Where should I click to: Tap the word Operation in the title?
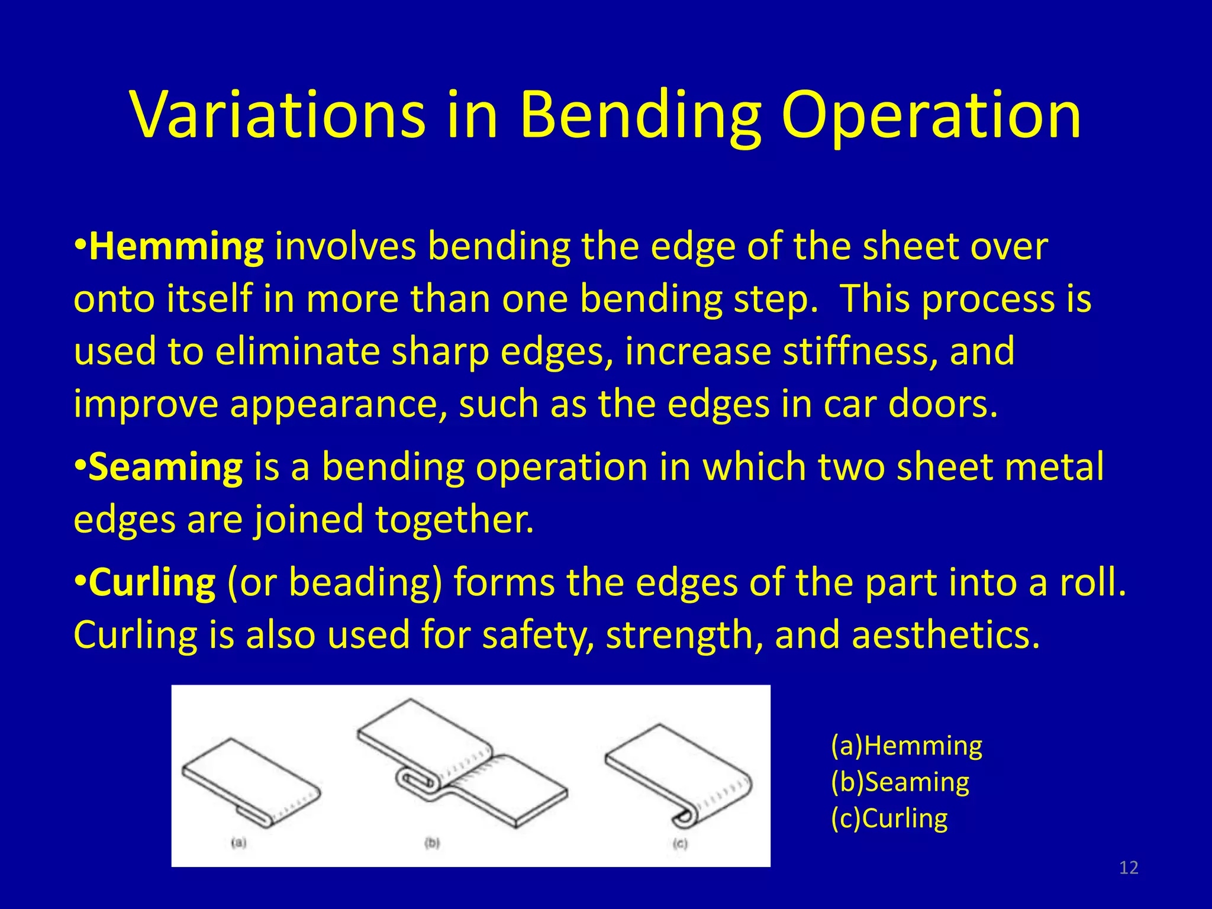click(x=931, y=115)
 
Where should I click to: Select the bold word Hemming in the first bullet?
click(x=176, y=247)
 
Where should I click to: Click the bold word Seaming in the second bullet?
click(x=165, y=467)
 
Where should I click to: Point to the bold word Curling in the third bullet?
click(x=152, y=582)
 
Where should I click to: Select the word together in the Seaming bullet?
click(x=454, y=519)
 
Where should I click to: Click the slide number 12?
click(x=1129, y=868)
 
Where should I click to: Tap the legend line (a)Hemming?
click(x=906, y=746)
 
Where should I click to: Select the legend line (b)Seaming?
click(x=900, y=782)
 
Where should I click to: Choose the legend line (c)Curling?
click(x=889, y=818)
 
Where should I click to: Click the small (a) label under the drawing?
click(x=238, y=842)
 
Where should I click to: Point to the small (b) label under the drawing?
click(x=433, y=842)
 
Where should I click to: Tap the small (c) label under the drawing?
click(x=681, y=843)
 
